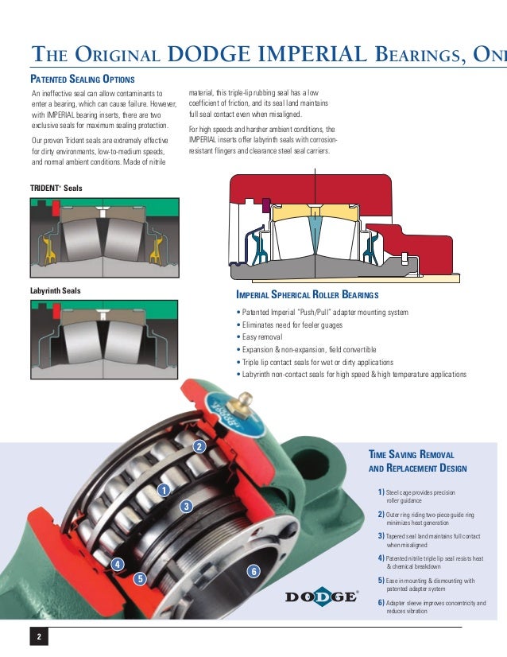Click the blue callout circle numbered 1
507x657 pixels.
click(164, 490)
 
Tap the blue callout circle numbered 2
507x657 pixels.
click(199, 446)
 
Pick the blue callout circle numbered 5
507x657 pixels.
click(140, 578)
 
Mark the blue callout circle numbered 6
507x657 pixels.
click(253, 571)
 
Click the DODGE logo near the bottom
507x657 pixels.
click(321, 597)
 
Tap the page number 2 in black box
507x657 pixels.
click(38, 637)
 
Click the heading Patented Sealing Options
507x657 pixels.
click(82, 80)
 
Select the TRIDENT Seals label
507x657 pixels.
click(56, 188)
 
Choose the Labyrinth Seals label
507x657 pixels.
click(55, 290)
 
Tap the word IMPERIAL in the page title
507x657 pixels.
click(315, 54)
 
